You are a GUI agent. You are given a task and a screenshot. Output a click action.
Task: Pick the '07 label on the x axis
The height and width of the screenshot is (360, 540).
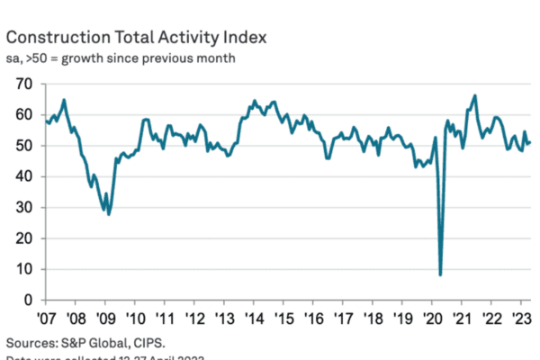coord(49,319)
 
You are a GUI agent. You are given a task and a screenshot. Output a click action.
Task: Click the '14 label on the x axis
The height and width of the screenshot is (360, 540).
coord(255,319)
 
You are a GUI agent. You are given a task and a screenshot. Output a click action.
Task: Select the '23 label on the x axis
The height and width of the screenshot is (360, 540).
coord(520,319)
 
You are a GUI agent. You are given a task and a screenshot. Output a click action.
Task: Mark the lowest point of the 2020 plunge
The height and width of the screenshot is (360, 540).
coord(440,274)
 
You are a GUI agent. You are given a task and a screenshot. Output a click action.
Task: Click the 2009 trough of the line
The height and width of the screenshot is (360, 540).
coord(109,213)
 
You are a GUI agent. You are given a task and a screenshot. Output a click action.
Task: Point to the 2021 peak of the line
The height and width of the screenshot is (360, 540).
coord(474,95)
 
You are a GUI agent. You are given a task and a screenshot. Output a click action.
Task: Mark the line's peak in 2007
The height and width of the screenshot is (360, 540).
coord(64,99)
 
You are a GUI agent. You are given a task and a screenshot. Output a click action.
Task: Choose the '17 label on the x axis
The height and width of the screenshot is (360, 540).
coord(343,319)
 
